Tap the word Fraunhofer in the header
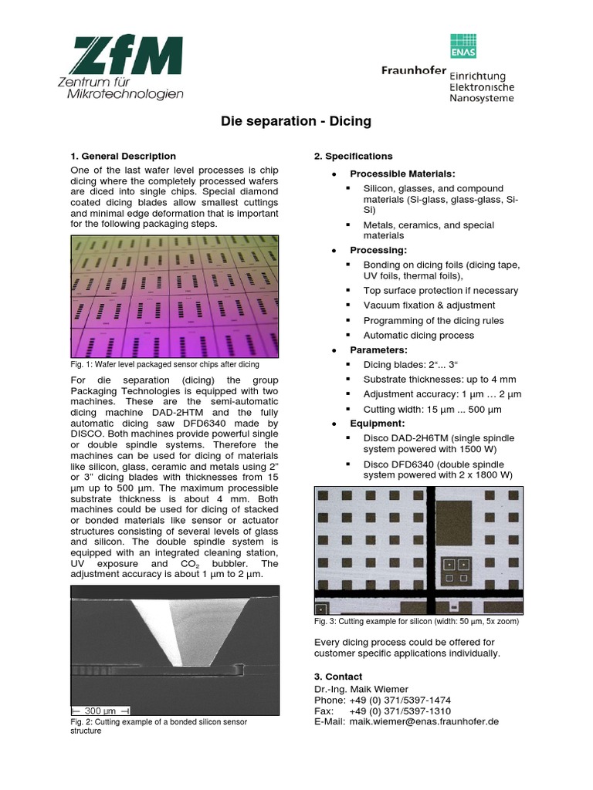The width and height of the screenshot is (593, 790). click(413, 70)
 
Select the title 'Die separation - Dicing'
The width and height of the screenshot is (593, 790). click(296, 121)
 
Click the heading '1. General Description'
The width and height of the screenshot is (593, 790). click(123, 156)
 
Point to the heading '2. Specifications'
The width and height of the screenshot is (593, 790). click(353, 156)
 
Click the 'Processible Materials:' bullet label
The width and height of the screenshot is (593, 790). click(402, 174)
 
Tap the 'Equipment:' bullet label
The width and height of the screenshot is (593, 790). click(377, 424)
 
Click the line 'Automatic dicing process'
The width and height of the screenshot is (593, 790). click(418, 335)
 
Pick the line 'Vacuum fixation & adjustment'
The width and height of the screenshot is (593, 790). click(430, 306)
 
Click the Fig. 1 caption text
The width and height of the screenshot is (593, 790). click(164, 364)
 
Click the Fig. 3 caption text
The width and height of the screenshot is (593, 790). click(416, 621)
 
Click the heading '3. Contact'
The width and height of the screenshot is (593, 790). click(338, 677)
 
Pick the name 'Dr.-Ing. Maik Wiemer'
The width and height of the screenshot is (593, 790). click(361, 689)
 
